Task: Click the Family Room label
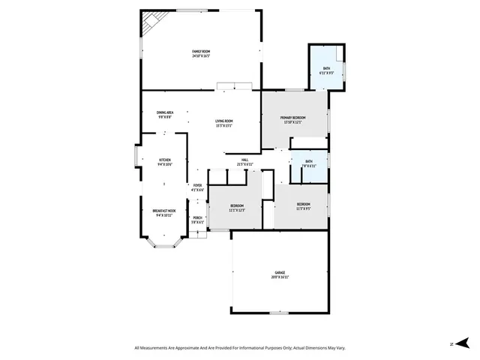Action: click(x=200, y=50)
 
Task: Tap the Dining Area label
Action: click(x=165, y=112)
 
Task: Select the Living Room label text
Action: click(x=224, y=121)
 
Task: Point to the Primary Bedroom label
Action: click(x=292, y=118)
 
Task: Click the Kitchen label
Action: click(x=165, y=160)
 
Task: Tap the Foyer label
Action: click(x=198, y=185)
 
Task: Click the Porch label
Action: click(x=197, y=217)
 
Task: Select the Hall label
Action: click(x=245, y=160)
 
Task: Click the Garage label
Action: click(x=280, y=272)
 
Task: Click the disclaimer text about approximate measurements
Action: click(x=239, y=347)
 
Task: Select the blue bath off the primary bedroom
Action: click(x=326, y=70)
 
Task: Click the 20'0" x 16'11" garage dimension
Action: click(x=280, y=277)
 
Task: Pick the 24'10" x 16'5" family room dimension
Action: click(x=200, y=55)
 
